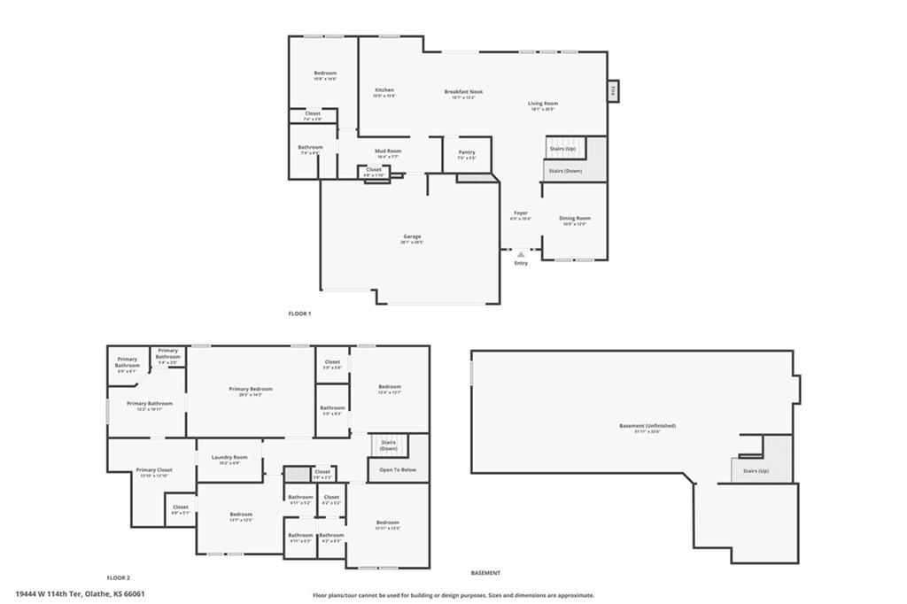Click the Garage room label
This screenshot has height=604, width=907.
coord(412,236)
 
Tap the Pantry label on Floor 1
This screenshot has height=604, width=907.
coord(467,152)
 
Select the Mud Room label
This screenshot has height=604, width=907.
coord(387,151)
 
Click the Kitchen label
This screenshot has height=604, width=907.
coord(384,90)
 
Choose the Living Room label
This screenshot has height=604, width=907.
coord(543,104)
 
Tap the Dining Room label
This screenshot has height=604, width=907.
coord(575,218)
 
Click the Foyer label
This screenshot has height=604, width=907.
coord(521,213)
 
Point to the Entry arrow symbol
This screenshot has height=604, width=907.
coord(521,254)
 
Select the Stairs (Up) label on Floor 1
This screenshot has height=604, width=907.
coord(563,149)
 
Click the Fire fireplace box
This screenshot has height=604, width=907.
coord(612,90)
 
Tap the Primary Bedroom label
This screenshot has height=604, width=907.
coord(251,389)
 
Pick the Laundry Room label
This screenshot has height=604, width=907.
coord(229,457)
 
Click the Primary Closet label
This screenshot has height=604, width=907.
coord(154,470)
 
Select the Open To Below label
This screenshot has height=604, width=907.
coord(398,469)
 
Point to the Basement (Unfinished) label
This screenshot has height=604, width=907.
coord(640,427)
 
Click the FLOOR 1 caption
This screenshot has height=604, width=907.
coord(300,314)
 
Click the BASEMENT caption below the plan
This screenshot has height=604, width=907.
coord(485,573)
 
